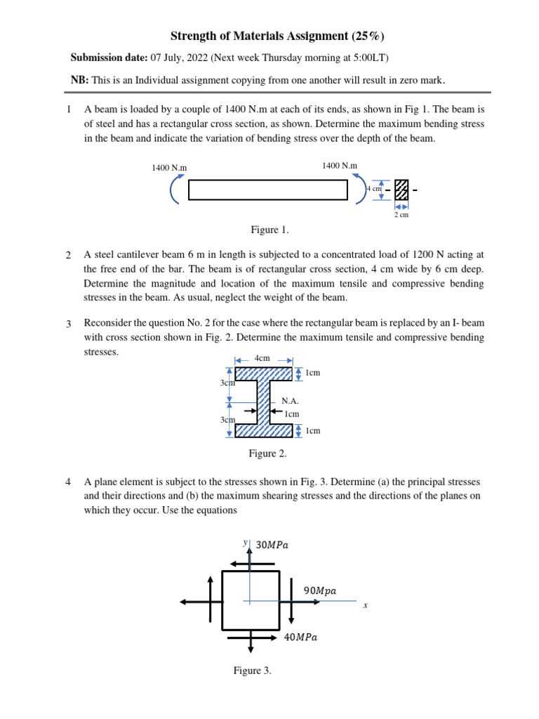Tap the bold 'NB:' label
pos(79,80)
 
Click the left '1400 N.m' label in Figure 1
pos(169,168)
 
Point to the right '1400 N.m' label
pos(340,165)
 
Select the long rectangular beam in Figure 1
pos(267,190)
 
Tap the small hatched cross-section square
pos(401,190)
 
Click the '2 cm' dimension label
pos(401,215)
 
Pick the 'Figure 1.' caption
pos(269,230)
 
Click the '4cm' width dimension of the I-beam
pos(262,358)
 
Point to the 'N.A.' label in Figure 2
pos(291,401)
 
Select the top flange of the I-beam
pos(263,374)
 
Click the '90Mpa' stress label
pos(319,591)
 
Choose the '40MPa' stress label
pos(300,638)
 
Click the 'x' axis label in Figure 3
pos(365,605)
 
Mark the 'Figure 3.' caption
pos(252,671)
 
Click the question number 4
pos(68,482)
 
